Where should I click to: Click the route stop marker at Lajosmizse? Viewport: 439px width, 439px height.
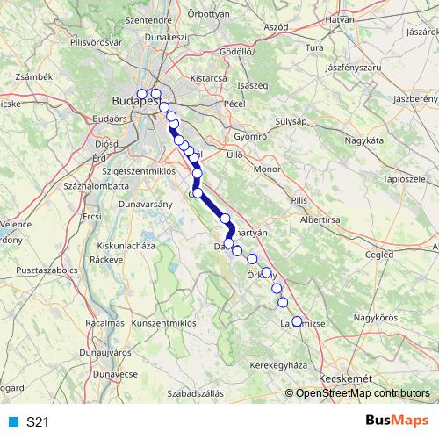click(x=296, y=321)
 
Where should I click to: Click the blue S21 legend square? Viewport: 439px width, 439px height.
click(x=13, y=422)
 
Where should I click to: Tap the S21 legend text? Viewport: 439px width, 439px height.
click(x=38, y=422)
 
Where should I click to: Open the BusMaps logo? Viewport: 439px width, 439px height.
click(x=395, y=421)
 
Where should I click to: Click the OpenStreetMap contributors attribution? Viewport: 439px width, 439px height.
click(x=363, y=394)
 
